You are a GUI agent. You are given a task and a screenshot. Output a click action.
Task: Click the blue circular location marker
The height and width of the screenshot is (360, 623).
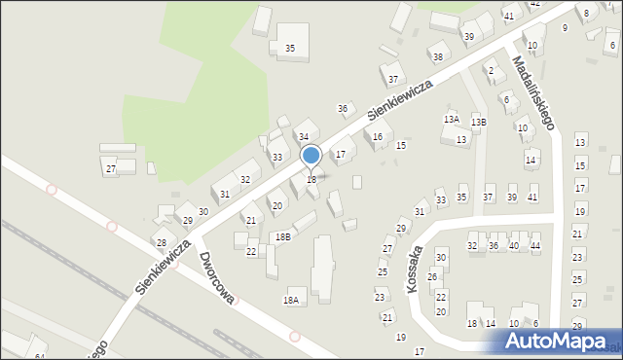point(311,155)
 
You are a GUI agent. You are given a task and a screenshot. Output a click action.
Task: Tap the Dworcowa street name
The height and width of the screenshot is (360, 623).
point(216,278)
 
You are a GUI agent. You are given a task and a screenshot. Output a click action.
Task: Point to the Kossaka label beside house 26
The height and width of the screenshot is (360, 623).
point(416,264)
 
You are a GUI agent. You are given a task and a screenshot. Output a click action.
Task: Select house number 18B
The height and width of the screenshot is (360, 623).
point(281,236)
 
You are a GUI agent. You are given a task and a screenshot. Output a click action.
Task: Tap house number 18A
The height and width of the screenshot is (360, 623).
point(291,301)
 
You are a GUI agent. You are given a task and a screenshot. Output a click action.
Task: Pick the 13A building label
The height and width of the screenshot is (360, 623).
point(452,119)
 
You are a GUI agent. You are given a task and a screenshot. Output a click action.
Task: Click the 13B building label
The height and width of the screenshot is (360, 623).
point(479,122)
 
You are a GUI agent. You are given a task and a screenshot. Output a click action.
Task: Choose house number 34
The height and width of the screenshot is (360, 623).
point(304,137)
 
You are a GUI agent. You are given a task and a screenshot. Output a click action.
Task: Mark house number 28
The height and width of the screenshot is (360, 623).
point(162,242)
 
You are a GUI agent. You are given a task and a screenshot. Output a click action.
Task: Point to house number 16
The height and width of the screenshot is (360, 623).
point(378,137)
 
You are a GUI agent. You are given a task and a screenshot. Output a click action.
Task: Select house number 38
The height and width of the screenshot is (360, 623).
point(438,57)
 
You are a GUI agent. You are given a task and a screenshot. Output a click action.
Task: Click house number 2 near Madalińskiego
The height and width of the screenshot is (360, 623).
point(491,70)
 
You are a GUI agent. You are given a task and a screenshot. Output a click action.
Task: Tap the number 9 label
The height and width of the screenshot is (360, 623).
point(565,27)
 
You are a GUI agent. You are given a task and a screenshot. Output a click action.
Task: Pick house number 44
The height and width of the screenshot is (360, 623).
point(534,246)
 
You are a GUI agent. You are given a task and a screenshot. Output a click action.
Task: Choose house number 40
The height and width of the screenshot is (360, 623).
point(513,246)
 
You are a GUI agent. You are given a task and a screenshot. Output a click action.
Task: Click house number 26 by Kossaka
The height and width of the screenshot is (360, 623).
point(432,277)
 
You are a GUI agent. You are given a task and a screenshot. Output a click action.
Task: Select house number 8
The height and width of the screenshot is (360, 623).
point(585,13)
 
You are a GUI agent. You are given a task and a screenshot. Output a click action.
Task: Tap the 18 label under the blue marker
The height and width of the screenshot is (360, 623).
point(311,180)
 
